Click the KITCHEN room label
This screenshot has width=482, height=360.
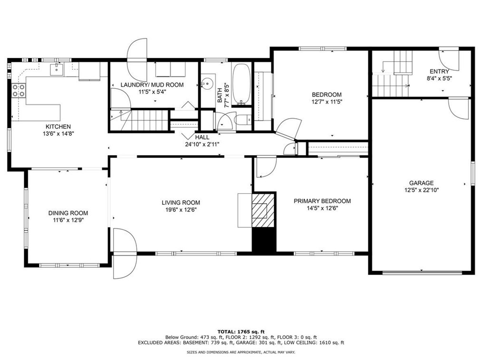[58, 126]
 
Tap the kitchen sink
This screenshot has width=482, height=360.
[57, 69]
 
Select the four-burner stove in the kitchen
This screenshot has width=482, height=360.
[18, 91]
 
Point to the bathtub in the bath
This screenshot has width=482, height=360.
[241, 84]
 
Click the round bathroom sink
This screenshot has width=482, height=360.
[208, 83]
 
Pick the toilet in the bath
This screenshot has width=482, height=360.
[243, 120]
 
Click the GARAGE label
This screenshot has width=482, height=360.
[421, 183]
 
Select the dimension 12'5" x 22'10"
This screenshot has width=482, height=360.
[421, 190]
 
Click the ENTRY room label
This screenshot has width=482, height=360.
[439, 72]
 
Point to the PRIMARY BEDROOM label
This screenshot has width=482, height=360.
[322, 201]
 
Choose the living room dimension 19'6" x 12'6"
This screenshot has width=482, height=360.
[181, 210]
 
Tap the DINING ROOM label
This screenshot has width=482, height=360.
[68, 213]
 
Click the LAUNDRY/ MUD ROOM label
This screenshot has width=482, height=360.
[152, 85]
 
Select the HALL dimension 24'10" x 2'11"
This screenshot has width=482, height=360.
[202, 144]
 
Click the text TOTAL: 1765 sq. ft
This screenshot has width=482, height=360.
[241, 332]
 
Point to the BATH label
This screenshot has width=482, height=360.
[220, 95]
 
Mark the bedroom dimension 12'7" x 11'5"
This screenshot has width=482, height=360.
[327, 102]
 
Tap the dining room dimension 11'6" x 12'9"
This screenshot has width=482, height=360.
[68, 220]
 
